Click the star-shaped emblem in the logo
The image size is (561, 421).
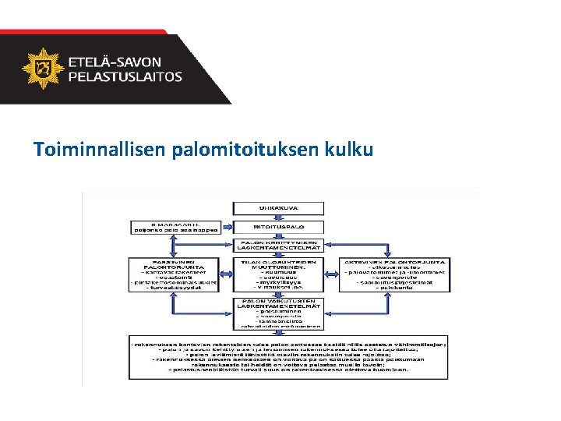point(42,69)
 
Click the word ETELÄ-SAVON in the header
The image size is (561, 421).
point(115,62)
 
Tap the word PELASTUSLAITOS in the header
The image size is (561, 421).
point(125,77)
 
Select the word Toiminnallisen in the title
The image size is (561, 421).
point(98,149)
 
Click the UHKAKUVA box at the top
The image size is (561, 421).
point(278,207)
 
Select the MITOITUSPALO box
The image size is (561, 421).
point(278,227)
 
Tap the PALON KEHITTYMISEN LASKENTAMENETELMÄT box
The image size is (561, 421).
point(278,245)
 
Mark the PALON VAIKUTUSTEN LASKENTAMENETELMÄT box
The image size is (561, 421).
point(278,313)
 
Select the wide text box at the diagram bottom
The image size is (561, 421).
point(288,357)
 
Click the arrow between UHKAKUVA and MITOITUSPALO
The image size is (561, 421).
point(278,217)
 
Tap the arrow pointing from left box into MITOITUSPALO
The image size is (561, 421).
point(222,227)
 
